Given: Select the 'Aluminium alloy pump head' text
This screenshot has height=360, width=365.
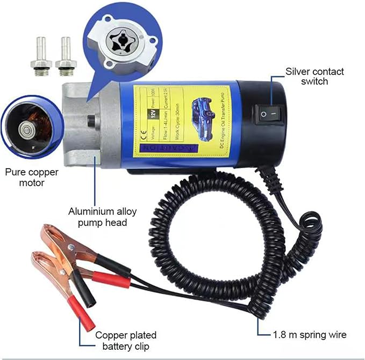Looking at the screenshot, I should coord(98,217).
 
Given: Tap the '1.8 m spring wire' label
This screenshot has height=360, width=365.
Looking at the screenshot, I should coord(309,335).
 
